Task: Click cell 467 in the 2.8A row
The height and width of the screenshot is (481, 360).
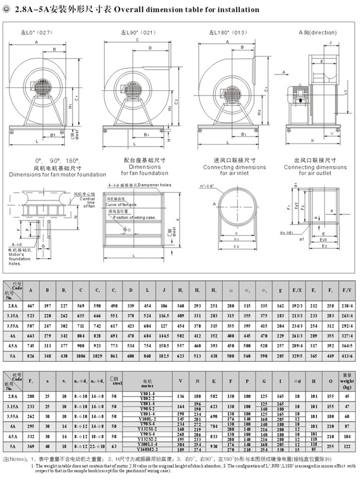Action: point(30,305)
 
